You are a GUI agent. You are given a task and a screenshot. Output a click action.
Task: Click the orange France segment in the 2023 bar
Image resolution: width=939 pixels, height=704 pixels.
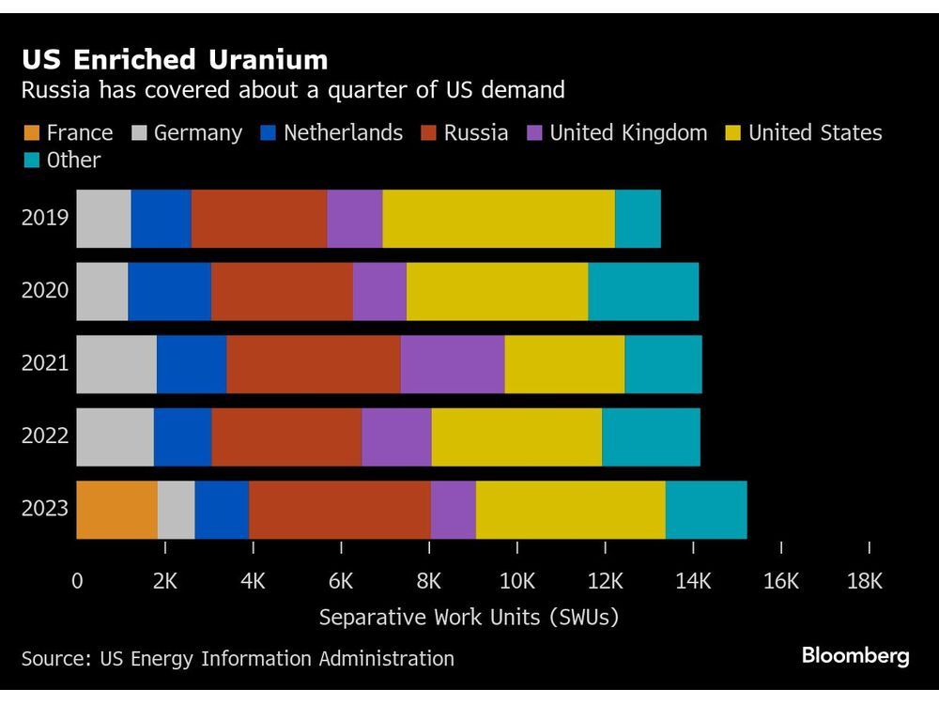(x=116, y=509)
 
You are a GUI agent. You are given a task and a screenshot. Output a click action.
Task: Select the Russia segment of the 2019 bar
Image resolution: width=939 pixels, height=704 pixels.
(x=259, y=218)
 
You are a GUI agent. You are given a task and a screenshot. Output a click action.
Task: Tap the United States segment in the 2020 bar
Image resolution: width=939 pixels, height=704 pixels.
(x=497, y=290)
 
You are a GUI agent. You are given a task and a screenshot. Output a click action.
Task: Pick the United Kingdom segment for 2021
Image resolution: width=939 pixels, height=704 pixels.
(x=453, y=363)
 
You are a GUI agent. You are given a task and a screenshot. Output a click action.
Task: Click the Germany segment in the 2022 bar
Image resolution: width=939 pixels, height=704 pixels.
(x=115, y=436)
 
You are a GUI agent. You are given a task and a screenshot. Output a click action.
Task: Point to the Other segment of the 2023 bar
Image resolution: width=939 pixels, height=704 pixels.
(x=706, y=509)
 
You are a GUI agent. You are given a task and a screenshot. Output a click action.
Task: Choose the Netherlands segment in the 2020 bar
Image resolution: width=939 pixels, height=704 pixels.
(x=169, y=290)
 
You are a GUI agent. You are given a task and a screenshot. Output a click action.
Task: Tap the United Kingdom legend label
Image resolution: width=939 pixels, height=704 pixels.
(x=628, y=133)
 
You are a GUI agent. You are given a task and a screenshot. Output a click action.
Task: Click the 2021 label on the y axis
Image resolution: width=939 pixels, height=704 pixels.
(x=45, y=363)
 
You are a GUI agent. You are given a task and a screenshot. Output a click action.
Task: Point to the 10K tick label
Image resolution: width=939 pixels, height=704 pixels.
(x=516, y=581)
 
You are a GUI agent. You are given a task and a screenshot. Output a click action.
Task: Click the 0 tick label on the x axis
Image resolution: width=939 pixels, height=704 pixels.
(x=77, y=581)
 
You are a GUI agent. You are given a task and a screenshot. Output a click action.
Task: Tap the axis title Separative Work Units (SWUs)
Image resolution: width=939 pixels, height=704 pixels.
(x=469, y=618)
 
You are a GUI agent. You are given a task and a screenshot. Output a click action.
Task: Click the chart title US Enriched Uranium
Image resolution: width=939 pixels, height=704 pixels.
(x=175, y=61)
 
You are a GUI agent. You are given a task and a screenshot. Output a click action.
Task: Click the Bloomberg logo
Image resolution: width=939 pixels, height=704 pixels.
(x=855, y=656)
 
